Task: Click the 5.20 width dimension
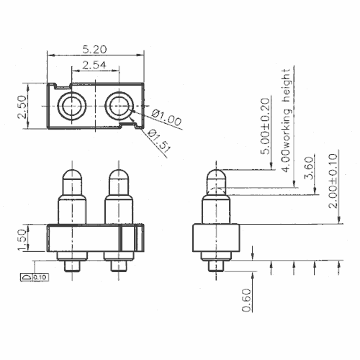click(94, 50)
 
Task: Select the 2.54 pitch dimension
click(94, 65)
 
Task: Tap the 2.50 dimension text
click(22, 107)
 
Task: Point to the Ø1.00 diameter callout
click(167, 117)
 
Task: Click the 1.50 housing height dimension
click(22, 240)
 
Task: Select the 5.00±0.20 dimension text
click(265, 126)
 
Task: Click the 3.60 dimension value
click(309, 168)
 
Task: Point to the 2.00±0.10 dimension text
click(333, 181)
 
